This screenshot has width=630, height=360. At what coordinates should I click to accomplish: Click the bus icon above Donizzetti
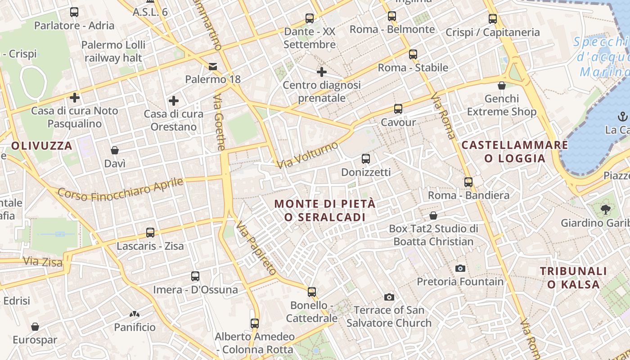pos(366,159)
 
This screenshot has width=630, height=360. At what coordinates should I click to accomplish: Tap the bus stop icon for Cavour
pos(398,109)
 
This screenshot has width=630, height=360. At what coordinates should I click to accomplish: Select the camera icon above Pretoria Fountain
pos(460,269)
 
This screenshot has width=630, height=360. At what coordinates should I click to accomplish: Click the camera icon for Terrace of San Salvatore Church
pos(389,297)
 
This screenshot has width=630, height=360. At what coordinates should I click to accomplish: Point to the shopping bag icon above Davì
pos(115,150)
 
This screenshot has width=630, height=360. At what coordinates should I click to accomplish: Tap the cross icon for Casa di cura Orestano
pos(174,101)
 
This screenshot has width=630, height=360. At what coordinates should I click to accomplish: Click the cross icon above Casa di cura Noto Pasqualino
pos(75,97)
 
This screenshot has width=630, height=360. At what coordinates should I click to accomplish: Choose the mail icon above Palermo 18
pos(213,67)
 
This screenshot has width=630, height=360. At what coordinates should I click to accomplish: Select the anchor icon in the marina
pos(623,117)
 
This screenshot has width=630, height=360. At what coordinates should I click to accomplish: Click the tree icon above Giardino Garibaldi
pos(606,209)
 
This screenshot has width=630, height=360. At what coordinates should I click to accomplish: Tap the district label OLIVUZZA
pos(42,146)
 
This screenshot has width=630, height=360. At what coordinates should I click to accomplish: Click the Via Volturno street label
pos(307,155)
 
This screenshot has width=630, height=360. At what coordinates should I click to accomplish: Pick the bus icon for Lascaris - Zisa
pos(150,233)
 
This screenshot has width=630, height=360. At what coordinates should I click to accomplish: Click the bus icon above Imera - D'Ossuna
pos(195,276)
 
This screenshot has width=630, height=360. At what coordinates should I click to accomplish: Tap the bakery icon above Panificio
pos(135,314)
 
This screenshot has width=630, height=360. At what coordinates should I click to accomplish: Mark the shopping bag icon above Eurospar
pos(35,327)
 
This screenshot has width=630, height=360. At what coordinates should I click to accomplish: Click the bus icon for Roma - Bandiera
pos(468,182)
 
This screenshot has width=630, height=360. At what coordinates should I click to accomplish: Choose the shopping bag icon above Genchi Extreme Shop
pos(502,85)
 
